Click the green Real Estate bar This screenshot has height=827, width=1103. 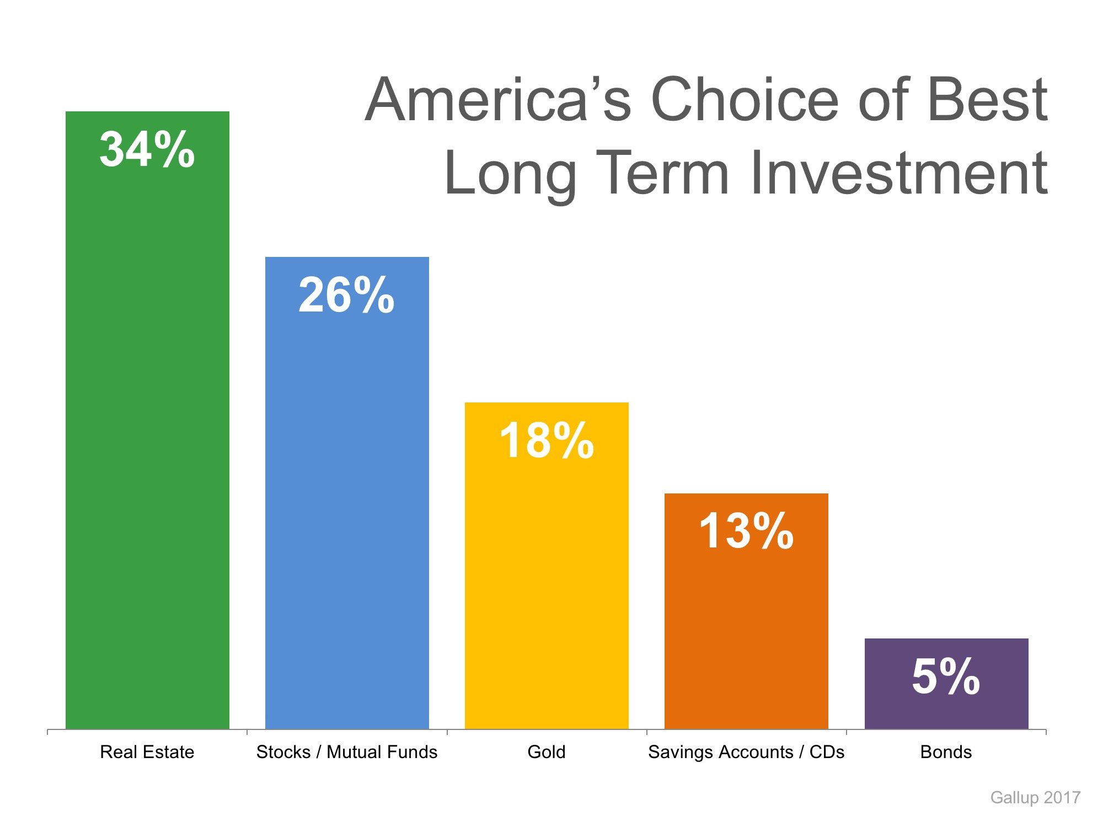click(x=147, y=441)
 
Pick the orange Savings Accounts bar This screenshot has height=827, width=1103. click(x=746, y=634)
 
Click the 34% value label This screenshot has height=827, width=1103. click(x=147, y=149)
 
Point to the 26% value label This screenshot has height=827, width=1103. click(x=346, y=296)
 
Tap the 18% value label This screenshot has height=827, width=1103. click(x=547, y=441)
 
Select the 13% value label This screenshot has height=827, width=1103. click(x=746, y=531)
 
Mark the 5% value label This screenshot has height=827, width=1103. click(x=946, y=676)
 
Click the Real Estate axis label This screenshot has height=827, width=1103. click(x=147, y=752)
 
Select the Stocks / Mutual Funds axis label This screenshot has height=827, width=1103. click(x=347, y=752)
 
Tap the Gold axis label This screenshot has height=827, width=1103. click(x=547, y=752)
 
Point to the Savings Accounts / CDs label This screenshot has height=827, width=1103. click(x=746, y=752)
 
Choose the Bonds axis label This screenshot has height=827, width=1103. click(x=946, y=752)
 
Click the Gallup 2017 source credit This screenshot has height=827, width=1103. click(x=1035, y=797)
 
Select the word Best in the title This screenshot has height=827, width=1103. click(x=987, y=100)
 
